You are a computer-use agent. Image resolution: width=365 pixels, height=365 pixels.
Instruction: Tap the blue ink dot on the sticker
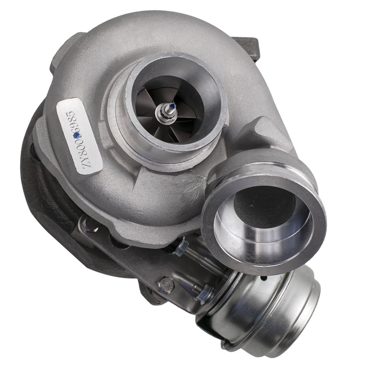pos(76,135)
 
